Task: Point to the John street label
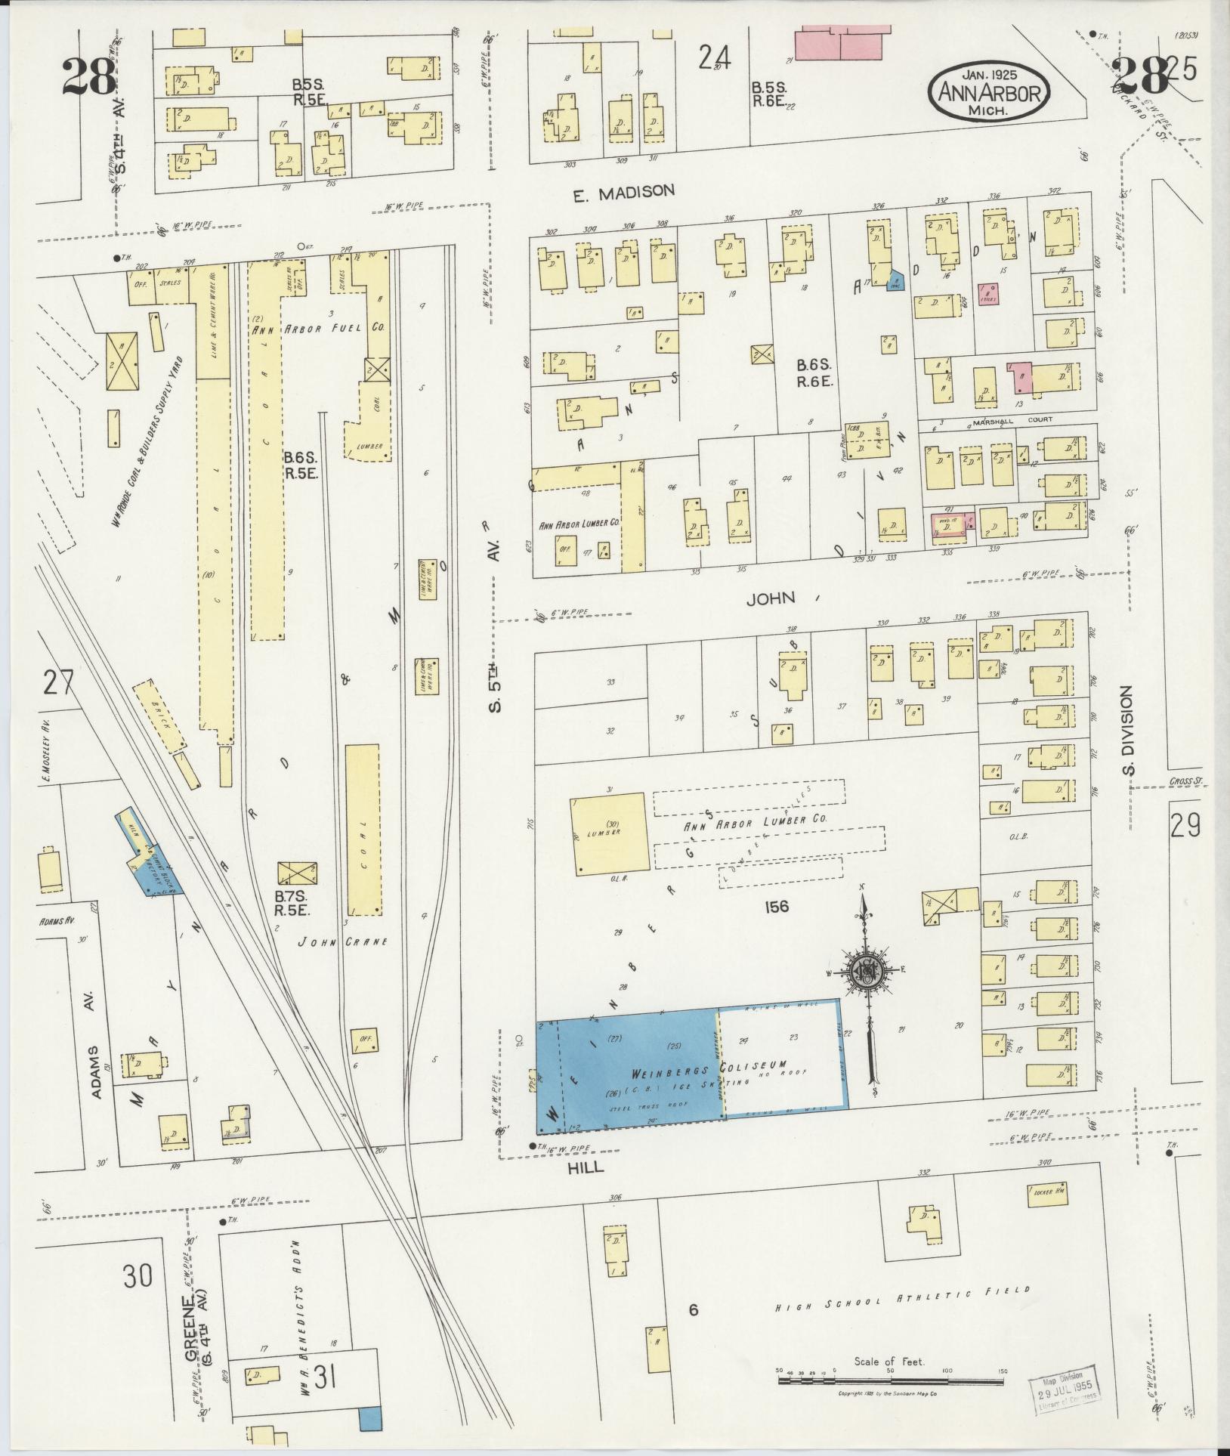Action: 771,598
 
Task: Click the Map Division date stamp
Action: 1065,1385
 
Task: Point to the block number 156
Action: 776,905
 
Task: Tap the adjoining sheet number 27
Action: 58,683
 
